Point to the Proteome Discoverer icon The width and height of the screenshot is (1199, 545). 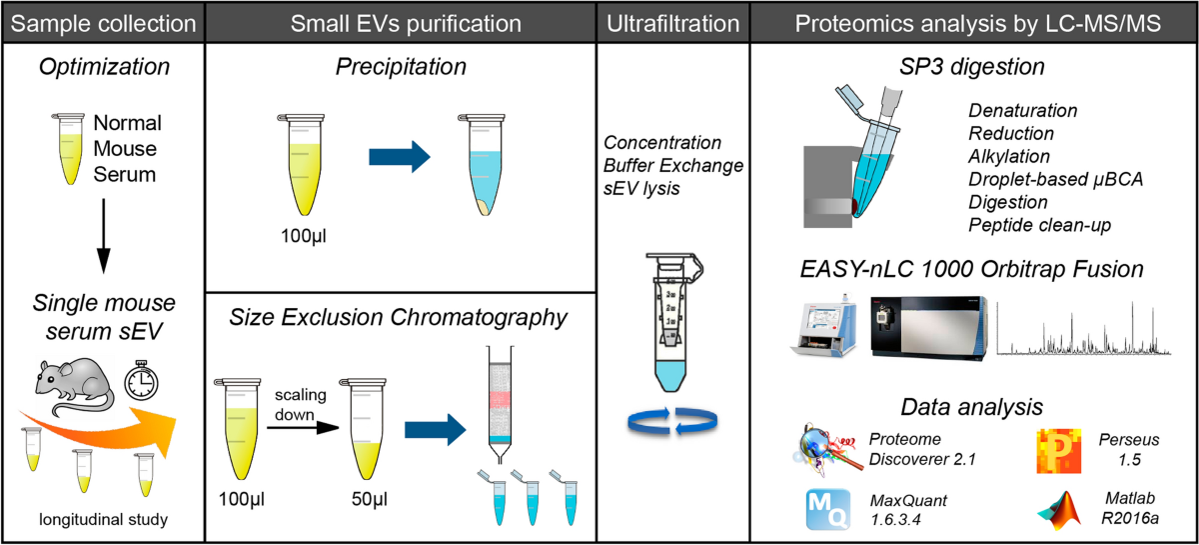(828, 450)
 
